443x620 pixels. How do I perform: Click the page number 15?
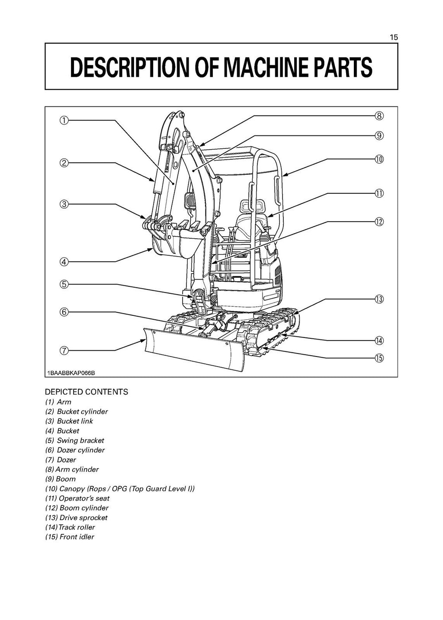click(393, 37)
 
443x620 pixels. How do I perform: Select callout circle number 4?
click(64, 261)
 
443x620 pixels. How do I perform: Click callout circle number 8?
click(379, 116)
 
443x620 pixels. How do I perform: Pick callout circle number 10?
click(379, 159)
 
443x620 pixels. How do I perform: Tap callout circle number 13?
click(379, 299)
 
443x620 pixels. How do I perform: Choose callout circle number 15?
click(379, 358)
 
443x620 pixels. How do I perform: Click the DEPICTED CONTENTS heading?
click(87, 392)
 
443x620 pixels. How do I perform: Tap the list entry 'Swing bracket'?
click(75, 440)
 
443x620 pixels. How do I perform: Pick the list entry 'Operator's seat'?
click(77, 498)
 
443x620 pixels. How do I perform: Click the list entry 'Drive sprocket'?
click(77, 517)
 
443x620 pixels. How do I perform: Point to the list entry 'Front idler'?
click(70, 537)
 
